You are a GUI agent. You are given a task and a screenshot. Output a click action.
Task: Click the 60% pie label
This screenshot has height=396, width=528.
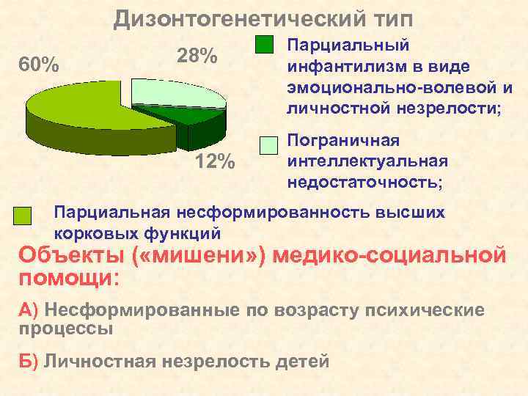(39, 66)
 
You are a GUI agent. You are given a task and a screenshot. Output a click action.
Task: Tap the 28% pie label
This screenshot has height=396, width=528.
(197, 56)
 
